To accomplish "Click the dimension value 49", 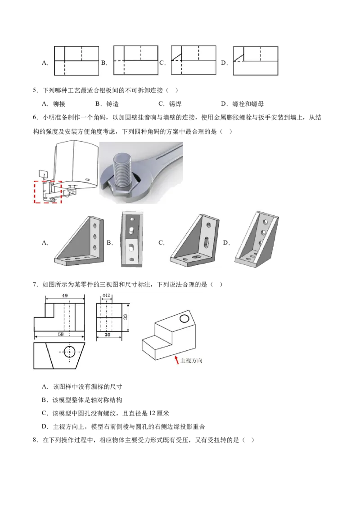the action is pos(65,296).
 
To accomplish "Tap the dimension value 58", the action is pos(61,334).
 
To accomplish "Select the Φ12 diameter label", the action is pos(106,296).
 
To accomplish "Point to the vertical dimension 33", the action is pos(125,317).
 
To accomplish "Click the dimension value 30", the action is pos(108,335).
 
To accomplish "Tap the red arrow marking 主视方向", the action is pos(177,360).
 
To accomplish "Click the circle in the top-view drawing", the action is pos(70,352).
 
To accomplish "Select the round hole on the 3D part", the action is pos(184,318).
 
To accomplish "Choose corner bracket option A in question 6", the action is pos(79,241).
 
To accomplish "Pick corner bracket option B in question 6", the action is pos(131,239).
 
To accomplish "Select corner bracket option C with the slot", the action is pos(194,240).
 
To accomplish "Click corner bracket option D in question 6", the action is pos(256,240).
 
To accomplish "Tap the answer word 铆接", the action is pos(59,104).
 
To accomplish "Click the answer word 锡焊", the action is pos(175,104).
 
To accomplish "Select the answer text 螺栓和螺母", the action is pos(248,104).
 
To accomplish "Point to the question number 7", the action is pos(35,284).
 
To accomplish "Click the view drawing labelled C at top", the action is pos(193,60).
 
